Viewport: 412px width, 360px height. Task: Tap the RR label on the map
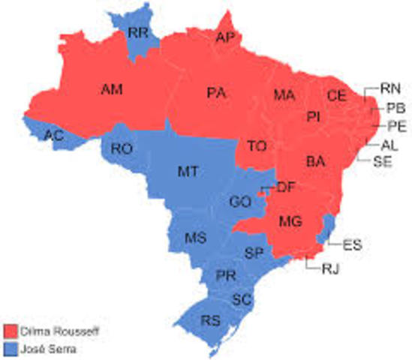point(137,32)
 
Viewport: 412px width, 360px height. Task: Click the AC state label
point(53,135)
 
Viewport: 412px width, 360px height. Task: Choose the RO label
point(122,149)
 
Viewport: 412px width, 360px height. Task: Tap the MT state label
point(188,172)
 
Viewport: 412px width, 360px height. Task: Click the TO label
point(257,146)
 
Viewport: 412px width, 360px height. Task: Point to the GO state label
point(240,201)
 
